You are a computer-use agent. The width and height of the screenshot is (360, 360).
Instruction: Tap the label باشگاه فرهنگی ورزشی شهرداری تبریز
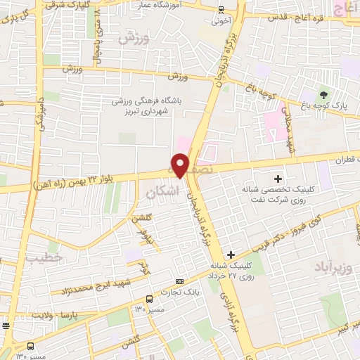pyautogui.click(x=150, y=105)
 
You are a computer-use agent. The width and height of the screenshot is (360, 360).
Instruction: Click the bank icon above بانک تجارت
pyautogui.click(x=179, y=279)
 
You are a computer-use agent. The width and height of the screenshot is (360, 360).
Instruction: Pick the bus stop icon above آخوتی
pyautogui.click(x=221, y=10)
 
